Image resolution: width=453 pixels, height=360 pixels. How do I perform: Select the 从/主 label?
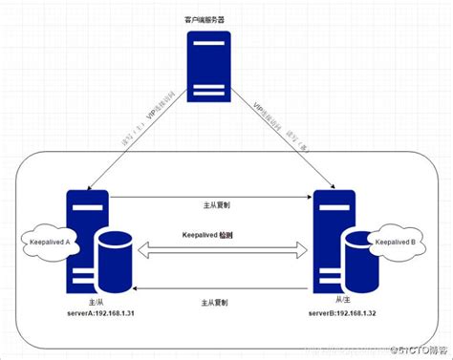334,300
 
